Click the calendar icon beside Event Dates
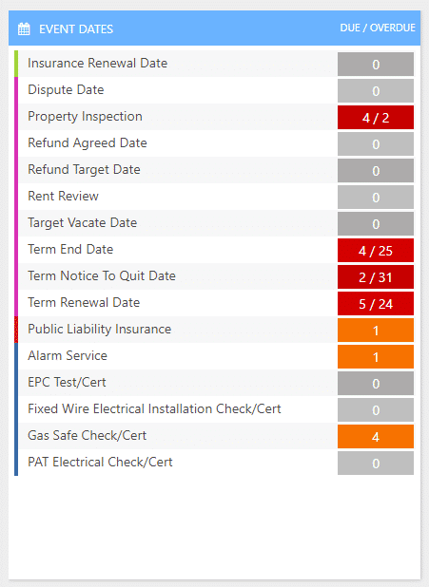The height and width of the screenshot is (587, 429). click(x=24, y=28)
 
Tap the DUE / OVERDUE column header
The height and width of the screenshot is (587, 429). click(x=378, y=28)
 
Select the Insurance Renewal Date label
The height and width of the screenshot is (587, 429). click(x=97, y=63)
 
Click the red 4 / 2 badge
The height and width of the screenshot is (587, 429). click(x=376, y=118)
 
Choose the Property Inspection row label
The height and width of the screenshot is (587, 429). click(x=85, y=117)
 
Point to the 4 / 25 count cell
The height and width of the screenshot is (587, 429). click(x=376, y=251)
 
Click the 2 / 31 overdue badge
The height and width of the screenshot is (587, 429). click(x=376, y=277)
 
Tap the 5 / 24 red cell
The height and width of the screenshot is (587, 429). click(x=376, y=304)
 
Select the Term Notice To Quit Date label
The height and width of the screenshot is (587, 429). click(x=102, y=275)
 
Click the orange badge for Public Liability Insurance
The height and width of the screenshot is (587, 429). click(x=376, y=331)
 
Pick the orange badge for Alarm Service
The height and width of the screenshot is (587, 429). click(x=376, y=357)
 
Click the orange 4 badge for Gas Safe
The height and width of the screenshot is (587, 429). click(x=376, y=437)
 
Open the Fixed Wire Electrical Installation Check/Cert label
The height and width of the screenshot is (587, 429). click(x=154, y=408)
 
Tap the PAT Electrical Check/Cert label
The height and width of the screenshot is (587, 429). click(x=100, y=462)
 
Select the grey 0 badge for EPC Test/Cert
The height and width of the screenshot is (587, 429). click(x=376, y=384)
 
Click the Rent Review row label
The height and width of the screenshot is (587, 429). click(x=63, y=197)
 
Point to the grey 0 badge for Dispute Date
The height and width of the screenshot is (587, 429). click(x=376, y=91)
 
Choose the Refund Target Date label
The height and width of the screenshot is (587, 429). click(x=84, y=170)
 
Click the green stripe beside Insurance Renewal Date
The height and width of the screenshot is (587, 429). click(x=16, y=64)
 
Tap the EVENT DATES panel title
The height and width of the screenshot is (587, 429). click(x=76, y=29)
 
